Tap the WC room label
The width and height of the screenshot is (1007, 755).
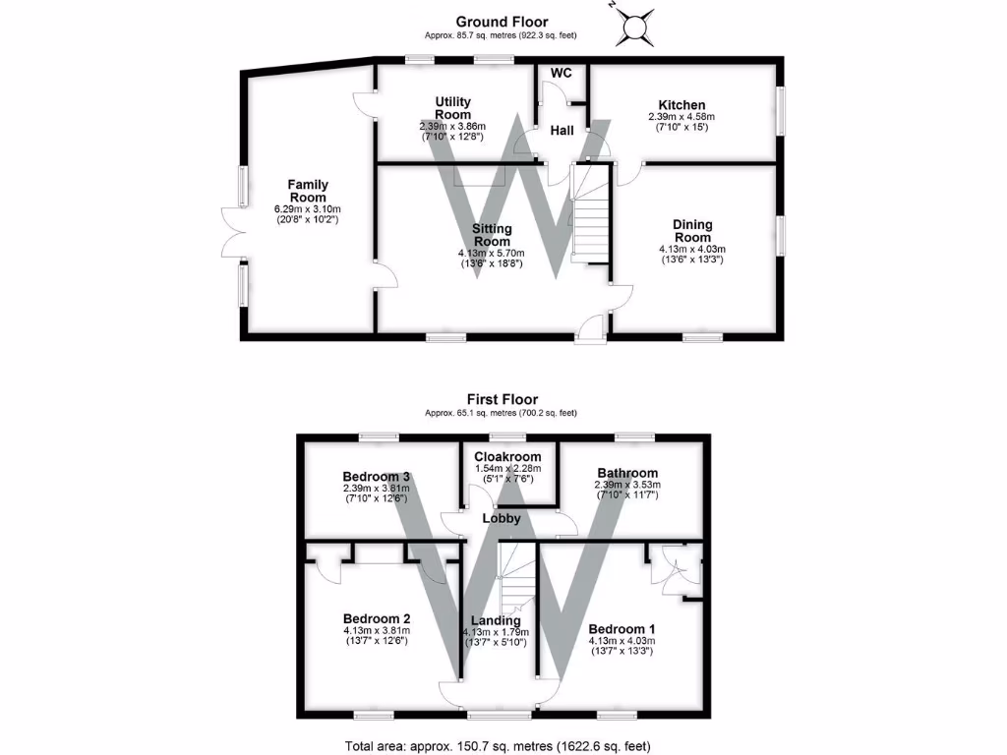click(561, 74)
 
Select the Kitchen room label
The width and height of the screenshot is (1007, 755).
click(681, 105)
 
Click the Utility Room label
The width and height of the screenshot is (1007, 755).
click(452, 108)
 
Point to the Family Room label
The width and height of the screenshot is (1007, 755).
click(308, 191)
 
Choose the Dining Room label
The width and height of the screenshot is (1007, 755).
click(692, 231)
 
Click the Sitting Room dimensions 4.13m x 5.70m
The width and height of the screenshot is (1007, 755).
click(492, 252)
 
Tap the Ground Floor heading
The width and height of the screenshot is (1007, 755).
click(502, 22)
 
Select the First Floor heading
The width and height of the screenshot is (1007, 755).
click(502, 400)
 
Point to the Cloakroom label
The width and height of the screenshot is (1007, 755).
click(507, 457)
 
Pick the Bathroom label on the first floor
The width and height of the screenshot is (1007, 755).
click(626, 473)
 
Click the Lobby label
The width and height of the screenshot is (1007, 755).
click(501, 518)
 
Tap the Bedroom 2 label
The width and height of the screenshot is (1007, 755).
click(377, 618)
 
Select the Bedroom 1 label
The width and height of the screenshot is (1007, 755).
click(621, 629)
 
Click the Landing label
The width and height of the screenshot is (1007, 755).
click(496, 620)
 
